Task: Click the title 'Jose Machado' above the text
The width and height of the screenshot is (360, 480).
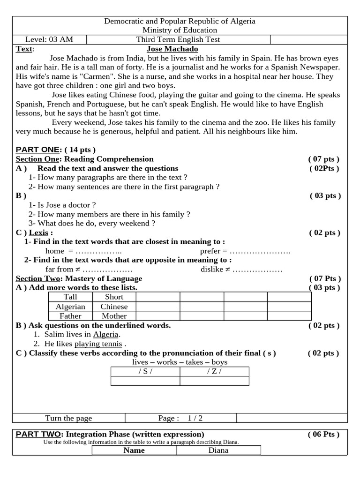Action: click(x=172, y=49)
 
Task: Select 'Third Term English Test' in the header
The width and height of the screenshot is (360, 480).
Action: click(x=178, y=39)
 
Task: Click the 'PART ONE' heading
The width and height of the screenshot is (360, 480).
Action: click(x=37, y=150)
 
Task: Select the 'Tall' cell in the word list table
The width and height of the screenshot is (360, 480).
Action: click(x=70, y=297)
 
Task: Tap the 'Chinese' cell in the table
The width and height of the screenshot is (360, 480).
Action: click(x=114, y=307)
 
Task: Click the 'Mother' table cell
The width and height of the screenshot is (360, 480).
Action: click(x=114, y=316)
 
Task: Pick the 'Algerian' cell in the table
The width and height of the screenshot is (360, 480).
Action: click(x=70, y=307)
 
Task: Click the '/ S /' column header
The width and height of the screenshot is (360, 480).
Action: click(x=145, y=372)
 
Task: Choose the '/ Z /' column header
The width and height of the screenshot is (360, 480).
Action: click(x=214, y=372)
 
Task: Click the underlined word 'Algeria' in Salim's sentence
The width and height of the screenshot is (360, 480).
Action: click(x=106, y=335)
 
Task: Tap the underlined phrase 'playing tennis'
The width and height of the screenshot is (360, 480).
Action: click(x=98, y=344)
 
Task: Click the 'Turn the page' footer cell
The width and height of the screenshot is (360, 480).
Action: click(x=68, y=418)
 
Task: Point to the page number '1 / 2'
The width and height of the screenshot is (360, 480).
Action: click(x=195, y=418)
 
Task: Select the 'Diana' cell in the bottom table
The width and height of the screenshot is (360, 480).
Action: click(x=218, y=450)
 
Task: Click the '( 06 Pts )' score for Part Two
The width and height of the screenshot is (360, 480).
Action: click(x=323, y=434)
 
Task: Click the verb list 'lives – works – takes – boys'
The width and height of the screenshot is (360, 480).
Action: click(x=180, y=362)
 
